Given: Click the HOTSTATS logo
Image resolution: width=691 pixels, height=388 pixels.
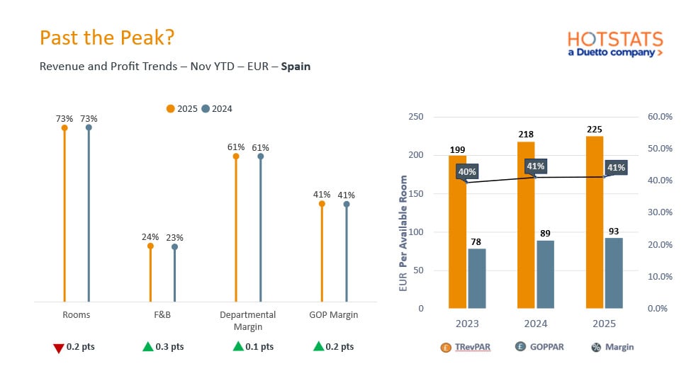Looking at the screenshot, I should pos(615,43).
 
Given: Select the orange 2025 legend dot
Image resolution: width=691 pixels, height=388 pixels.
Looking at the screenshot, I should pos(170,108).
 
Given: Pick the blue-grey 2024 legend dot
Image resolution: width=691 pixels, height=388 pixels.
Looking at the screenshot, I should pos(206,108).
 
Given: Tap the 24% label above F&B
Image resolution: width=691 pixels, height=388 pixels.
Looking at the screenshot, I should pos(150,237).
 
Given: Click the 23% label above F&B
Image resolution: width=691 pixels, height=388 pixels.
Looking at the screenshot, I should pos(174,238).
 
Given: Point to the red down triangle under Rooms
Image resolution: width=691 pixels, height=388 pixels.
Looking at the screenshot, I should pos(59,347).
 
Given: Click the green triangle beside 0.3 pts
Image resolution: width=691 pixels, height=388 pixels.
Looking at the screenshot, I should pos(147,346).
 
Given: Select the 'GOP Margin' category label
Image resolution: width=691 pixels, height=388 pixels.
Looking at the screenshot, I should pos(334,315).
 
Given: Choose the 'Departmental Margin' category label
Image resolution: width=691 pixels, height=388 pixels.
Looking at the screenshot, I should pos(247,321).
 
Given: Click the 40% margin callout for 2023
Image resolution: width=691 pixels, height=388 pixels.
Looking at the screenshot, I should pos(467,171).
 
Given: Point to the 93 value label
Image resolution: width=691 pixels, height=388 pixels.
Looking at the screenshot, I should pos(614,232).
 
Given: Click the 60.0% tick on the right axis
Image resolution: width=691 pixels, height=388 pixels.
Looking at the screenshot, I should pos(660,117).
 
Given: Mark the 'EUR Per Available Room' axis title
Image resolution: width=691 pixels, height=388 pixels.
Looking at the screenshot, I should pos(403,233).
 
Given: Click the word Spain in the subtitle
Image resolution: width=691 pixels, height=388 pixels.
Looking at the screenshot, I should pos(296,67).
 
